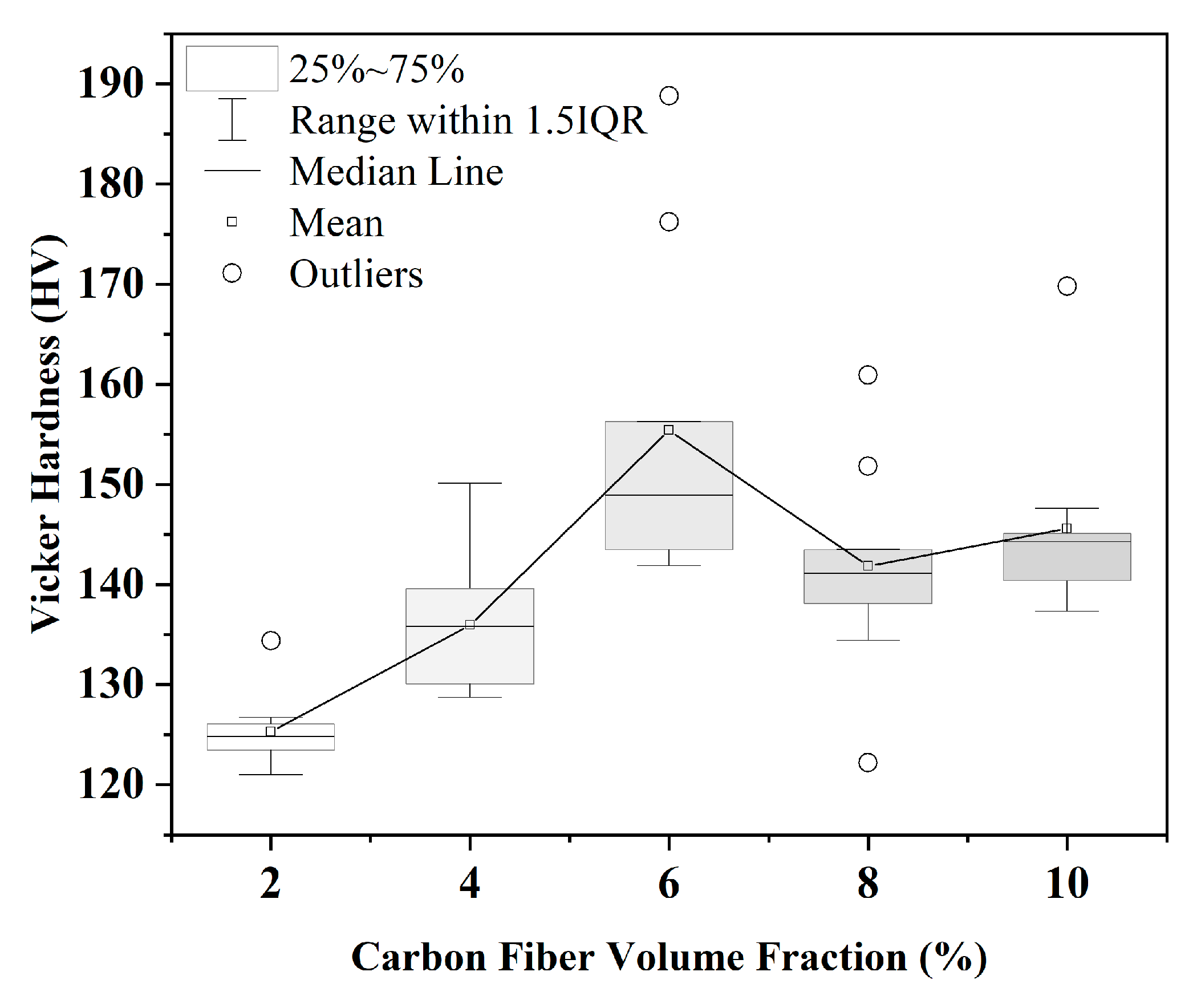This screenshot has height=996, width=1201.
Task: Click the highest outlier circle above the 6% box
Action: point(668,95)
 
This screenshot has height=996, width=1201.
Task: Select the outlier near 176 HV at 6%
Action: point(668,222)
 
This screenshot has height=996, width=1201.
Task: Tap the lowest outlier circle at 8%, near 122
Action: point(867,762)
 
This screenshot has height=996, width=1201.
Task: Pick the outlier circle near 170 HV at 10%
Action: point(1066,286)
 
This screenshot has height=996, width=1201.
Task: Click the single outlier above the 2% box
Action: point(270,640)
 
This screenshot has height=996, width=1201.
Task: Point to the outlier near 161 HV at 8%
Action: point(867,375)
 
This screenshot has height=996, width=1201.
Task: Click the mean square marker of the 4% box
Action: point(469,625)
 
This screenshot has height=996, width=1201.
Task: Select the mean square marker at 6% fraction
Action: point(668,430)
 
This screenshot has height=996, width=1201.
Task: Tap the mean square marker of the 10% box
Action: point(1066,528)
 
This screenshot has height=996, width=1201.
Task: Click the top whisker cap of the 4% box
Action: point(469,483)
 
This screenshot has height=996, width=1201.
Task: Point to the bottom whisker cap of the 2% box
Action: point(270,775)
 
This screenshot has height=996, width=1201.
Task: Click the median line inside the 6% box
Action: point(668,495)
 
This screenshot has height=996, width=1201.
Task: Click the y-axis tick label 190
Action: point(111,84)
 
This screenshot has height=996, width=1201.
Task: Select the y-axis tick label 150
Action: point(111,484)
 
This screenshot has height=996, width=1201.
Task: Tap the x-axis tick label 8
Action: point(867,882)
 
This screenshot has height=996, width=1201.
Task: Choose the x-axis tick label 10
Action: point(1066,882)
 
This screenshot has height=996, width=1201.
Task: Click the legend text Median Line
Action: point(396,171)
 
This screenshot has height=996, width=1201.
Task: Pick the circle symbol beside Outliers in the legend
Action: point(232,273)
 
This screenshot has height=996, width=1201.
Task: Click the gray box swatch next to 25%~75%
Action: point(232,68)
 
